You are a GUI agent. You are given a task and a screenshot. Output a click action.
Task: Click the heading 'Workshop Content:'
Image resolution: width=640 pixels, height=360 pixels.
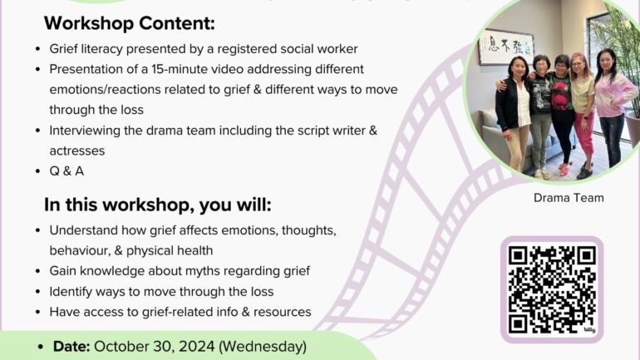pyautogui.click(x=130, y=23)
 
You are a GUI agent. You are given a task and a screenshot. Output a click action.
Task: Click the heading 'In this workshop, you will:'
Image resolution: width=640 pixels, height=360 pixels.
pyautogui.click(x=158, y=205)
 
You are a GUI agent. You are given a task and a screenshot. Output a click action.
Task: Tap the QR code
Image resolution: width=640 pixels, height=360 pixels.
pyautogui.click(x=552, y=289)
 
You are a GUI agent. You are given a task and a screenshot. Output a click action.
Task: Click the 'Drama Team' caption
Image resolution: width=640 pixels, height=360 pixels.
pyautogui.click(x=569, y=198)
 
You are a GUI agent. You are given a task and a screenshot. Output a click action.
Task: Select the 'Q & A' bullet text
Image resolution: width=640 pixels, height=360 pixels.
pyautogui.click(x=66, y=171)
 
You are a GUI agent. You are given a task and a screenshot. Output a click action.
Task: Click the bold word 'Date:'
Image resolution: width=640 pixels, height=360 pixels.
pyautogui.click(x=71, y=347)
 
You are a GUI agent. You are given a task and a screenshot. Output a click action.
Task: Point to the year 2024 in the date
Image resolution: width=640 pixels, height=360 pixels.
pyautogui.click(x=196, y=347)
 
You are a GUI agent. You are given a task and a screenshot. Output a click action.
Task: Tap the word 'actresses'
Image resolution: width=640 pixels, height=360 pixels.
pyautogui.click(x=77, y=151)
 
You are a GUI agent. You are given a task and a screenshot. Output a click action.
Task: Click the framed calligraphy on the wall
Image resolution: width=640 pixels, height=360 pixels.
pyautogui.click(x=505, y=47)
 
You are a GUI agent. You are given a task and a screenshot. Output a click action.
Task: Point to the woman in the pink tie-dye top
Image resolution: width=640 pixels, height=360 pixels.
pyautogui.click(x=610, y=106)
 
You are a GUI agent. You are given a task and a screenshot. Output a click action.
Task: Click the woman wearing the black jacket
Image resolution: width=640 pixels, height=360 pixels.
pyautogui.click(x=514, y=114)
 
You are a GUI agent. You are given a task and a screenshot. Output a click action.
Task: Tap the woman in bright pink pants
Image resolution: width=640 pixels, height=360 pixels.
pyautogui.click(x=582, y=114)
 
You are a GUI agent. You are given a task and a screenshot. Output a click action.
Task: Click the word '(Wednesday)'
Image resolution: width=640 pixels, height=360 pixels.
pyautogui.click(x=263, y=347)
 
